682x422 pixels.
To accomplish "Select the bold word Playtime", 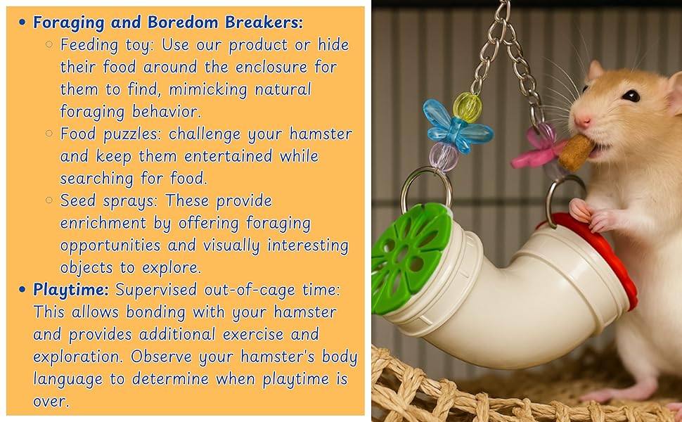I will coord(71,289).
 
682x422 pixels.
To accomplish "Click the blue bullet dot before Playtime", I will coord(22,290).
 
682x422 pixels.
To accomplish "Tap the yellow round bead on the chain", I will coord(468,107).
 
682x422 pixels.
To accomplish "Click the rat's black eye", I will coord(630,96).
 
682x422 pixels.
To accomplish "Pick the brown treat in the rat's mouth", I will coord(576,151).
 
